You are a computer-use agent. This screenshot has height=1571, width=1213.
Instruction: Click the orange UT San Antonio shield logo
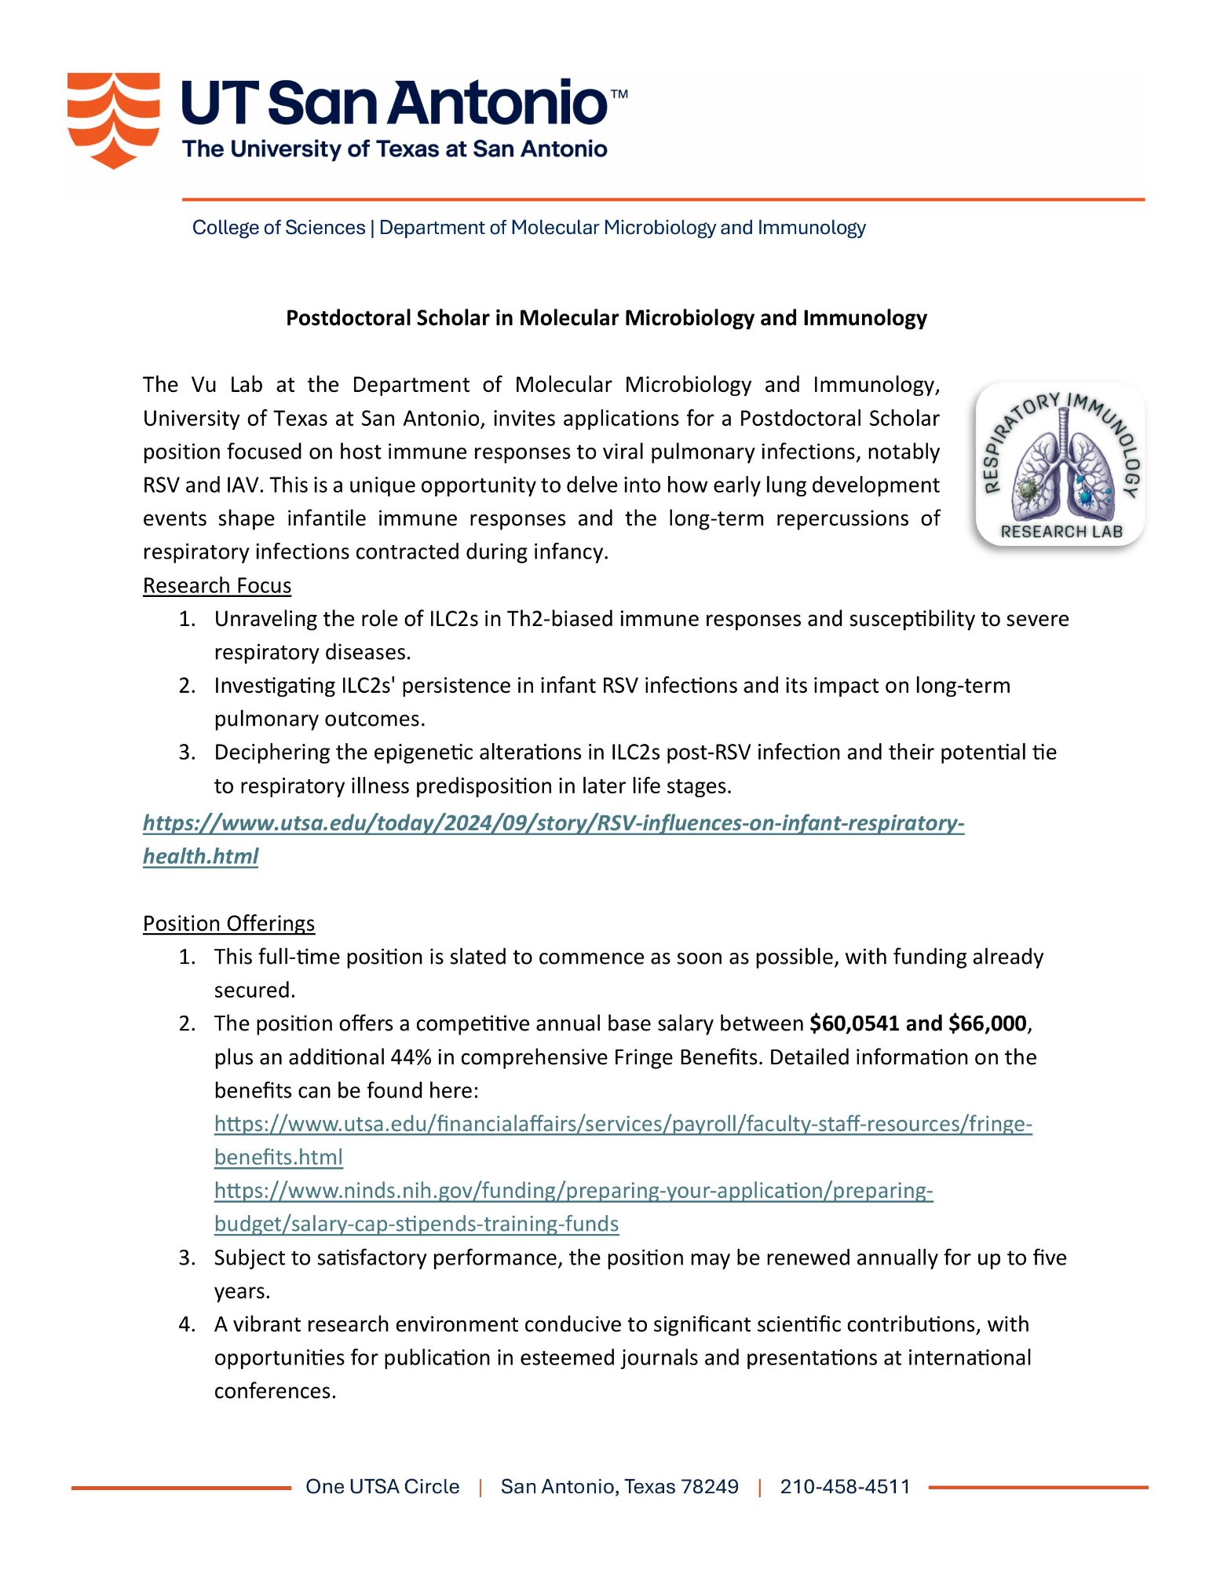(x=113, y=119)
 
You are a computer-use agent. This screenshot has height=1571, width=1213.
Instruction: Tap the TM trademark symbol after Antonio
(x=619, y=94)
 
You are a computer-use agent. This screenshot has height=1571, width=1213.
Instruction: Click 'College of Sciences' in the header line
(x=279, y=228)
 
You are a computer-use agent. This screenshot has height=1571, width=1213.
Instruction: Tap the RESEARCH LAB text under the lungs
(x=1061, y=532)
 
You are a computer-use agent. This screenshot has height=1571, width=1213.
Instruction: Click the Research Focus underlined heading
(x=217, y=586)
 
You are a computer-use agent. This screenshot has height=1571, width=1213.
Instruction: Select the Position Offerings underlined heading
(x=228, y=924)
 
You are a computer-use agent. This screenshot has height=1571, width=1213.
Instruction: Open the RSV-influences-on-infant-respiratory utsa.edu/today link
(x=553, y=823)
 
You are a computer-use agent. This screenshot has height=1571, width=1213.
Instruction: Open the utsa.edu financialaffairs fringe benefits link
(x=623, y=1124)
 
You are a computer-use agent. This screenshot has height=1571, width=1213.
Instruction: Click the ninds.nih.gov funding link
(x=573, y=1191)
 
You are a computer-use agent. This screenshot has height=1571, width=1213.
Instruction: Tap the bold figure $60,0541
(x=854, y=1024)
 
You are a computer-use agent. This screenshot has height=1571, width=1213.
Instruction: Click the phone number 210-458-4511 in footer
(x=845, y=1487)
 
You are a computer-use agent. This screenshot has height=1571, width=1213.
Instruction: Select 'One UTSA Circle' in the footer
(x=382, y=1487)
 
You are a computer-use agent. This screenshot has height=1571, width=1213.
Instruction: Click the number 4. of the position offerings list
(x=187, y=1324)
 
